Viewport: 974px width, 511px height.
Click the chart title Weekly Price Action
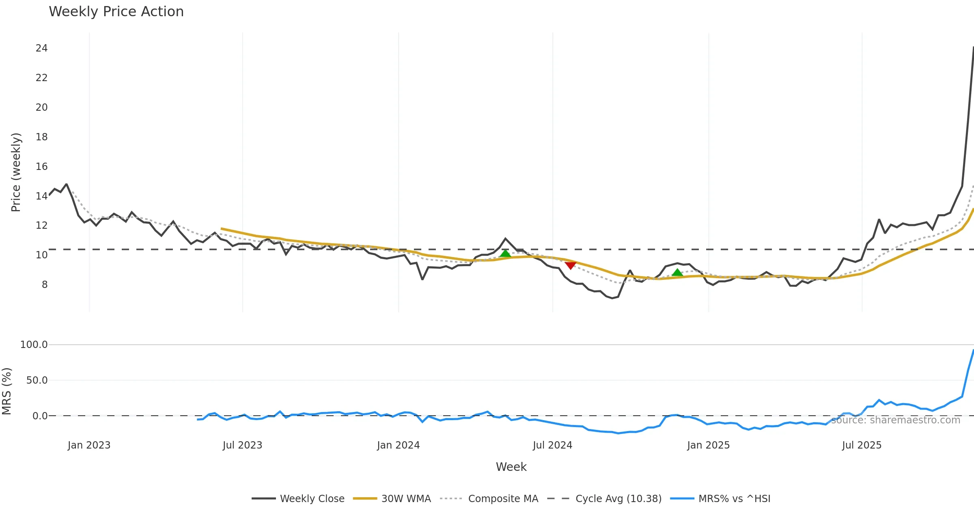point(116,12)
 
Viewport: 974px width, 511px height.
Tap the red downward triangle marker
point(570,265)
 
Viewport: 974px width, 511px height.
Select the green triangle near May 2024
point(505,253)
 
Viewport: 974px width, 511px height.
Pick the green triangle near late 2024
point(677,273)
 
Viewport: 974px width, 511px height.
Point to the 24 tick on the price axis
point(41,48)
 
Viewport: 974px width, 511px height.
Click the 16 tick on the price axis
point(41,166)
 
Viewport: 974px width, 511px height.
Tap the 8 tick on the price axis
point(44,284)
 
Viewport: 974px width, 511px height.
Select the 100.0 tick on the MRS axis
point(34,345)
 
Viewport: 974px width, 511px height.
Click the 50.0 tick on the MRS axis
point(37,380)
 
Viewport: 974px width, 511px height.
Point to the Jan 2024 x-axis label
point(398,445)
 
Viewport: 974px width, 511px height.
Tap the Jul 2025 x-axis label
point(862,445)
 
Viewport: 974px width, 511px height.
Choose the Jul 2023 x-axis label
point(242,445)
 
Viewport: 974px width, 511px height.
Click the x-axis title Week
point(511,467)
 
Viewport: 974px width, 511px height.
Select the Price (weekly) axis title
point(16,172)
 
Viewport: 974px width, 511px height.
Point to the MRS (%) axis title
point(7,391)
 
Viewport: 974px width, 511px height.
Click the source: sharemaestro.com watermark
point(895,420)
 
